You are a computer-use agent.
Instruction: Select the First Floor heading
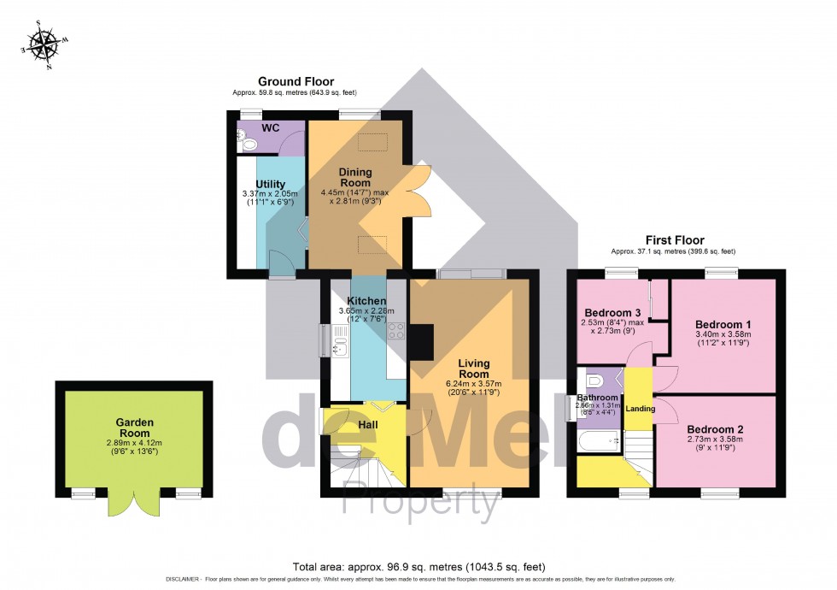click(x=675, y=240)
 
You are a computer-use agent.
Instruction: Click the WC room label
click(x=271, y=127)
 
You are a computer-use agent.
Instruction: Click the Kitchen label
click(x=366, y=301)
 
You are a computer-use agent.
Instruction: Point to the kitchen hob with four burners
click(x=396, y=332)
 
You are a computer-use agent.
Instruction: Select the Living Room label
click(x=466, y=369)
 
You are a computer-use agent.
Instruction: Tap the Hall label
click(x=367, y=425)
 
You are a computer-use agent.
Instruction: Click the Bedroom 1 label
click(x=723, y=325)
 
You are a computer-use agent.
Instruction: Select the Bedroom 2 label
click(x=716, y=429)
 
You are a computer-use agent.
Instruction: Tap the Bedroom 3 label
click(x=612, y=312)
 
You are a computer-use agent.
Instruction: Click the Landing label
click(x=640, y=409)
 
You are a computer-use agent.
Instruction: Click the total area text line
click(x=418, y=566)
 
